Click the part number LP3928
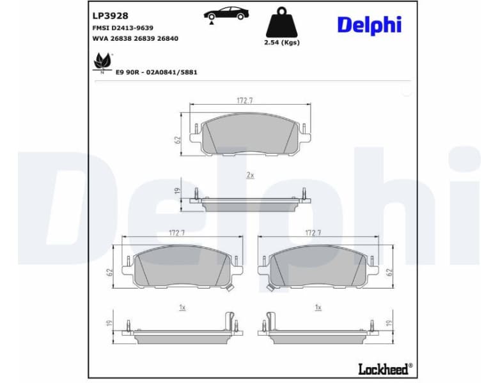point(111,15)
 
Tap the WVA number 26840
point(168,38)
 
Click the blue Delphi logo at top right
point(369,25)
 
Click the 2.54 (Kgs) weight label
point(281,43)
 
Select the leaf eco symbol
point(102,63)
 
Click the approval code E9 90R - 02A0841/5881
point(156,72)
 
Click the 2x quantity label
point(250,175)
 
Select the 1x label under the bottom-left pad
point(182,307)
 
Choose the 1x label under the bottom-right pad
point(318,307)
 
